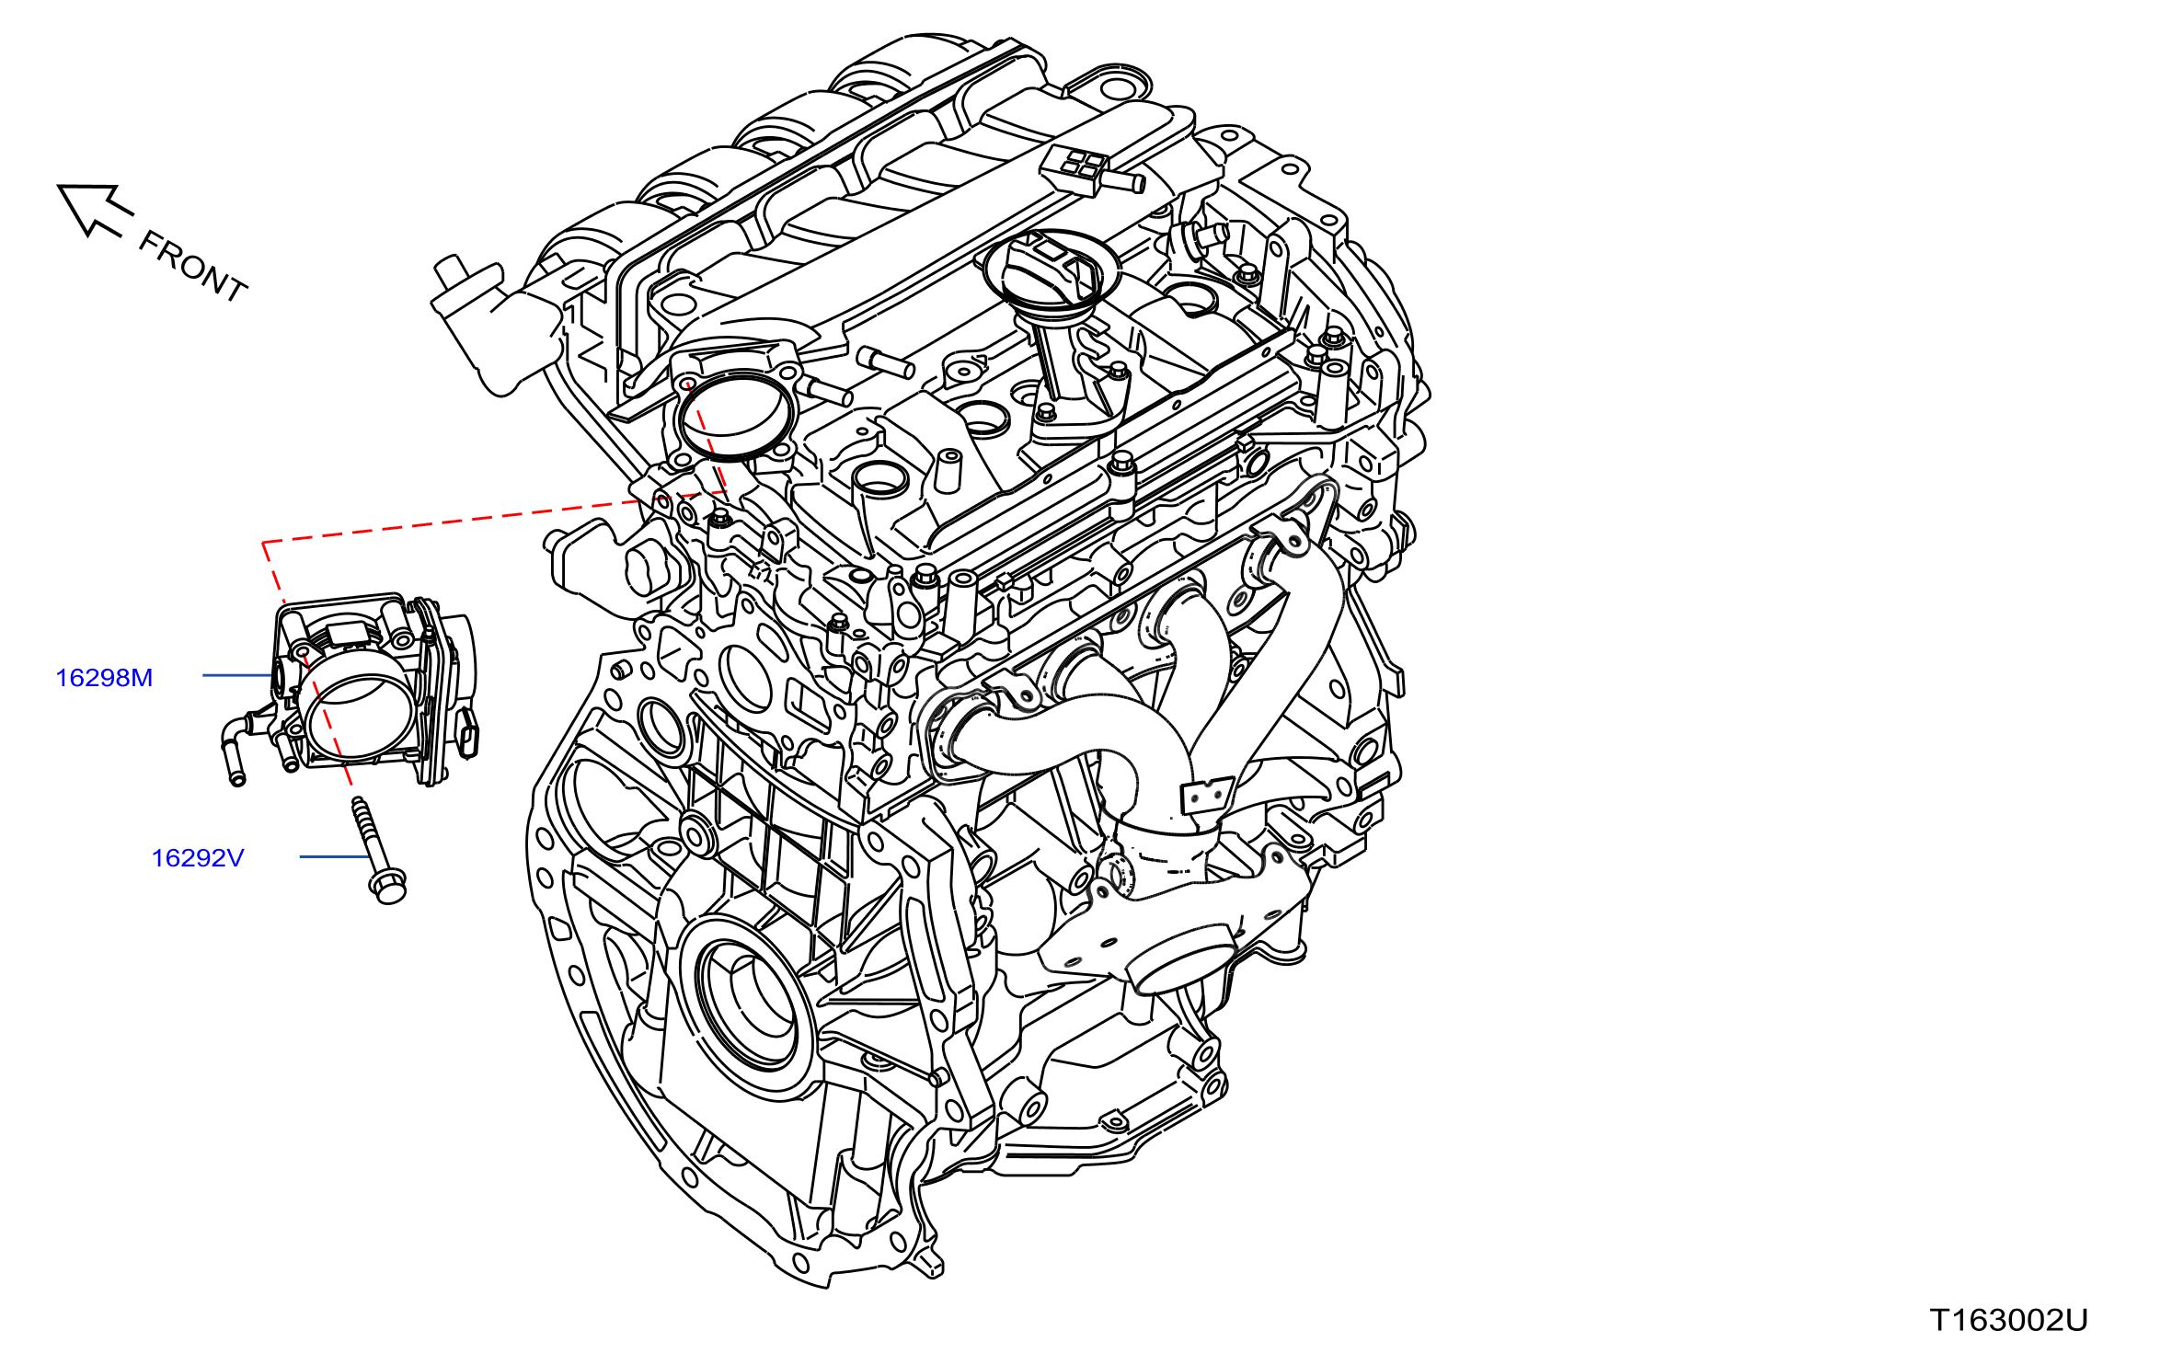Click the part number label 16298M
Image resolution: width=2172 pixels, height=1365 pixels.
pyautogui.click(x=104, y=678)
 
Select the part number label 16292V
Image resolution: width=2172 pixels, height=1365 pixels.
pyautogui.click(x=198, y=858)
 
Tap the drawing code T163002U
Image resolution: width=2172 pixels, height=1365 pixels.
pyautogui.click(x=2008, y=1320)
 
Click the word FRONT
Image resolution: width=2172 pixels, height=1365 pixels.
pyautogui.click(x=193, y=267)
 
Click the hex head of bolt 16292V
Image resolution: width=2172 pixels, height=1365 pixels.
pyautogui.click(x=387, y=886)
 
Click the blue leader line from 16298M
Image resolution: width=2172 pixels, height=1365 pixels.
pyautogui.click(x=237, y=675)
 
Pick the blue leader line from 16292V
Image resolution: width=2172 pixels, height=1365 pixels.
pyautogui.click(x=335, y=856)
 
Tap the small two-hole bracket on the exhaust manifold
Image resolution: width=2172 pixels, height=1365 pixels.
pyautogui.click(x=1206, y=797)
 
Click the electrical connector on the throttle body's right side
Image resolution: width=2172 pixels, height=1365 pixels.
pyautogui.click(x=469, y=732)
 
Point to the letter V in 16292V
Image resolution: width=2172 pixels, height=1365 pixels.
pyautogui.click(x=234, y=858)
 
